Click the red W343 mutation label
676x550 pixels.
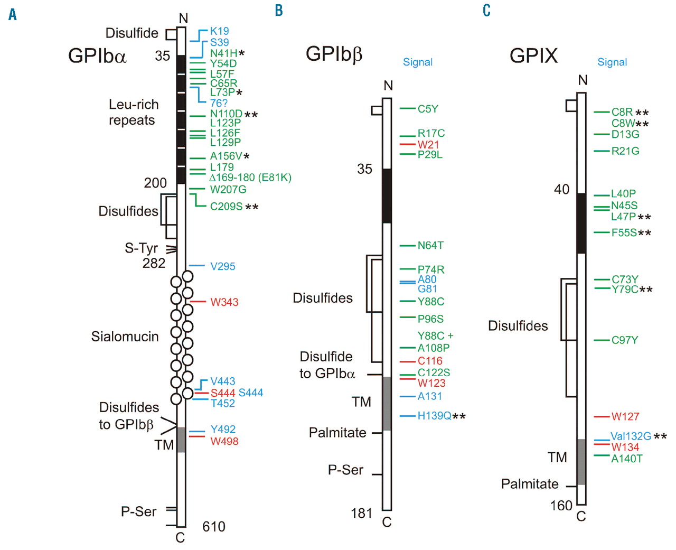pyautogui.click(x=224, y=302)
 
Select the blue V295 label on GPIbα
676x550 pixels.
pyautogui.click(x=222, y=266)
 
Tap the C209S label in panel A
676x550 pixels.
pyautogui.click(x=226, y=207)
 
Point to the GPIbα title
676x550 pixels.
pyautogui.click(x=97, y=55)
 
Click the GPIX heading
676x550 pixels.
pyautogui.click(x=533, y=55)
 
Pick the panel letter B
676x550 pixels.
pyautogui.click(x=279, y=11)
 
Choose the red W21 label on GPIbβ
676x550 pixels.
pyautogui.click(x=428, y=144)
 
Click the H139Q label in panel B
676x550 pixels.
pyautogui.click(x=434, y=416)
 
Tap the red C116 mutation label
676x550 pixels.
pyautogui.click(x=429, y=361)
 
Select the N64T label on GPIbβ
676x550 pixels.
pyautogui.click(x=430, y=245)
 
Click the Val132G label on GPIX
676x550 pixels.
pyautogui.click(x=631, y=436)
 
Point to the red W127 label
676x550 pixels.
pyautogui.click(x=625, y=416)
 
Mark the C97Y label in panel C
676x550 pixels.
pyautogui.click(x=624, y=340)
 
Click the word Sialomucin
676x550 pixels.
pyautogui.click(x=125, y=337)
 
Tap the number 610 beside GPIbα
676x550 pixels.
pyautogui.click(x=213, y=526)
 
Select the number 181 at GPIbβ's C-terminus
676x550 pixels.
pyautogui.click(x=361, y=513)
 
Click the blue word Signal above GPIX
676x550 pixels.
pyautogui.click(x=612, y=62)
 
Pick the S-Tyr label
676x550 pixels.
pyautogui.click(x=141, y=248)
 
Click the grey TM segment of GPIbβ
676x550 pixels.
pyautogui.click(x=387, y=403)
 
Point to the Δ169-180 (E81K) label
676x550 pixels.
pyautogui.click(x=250, y=178)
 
